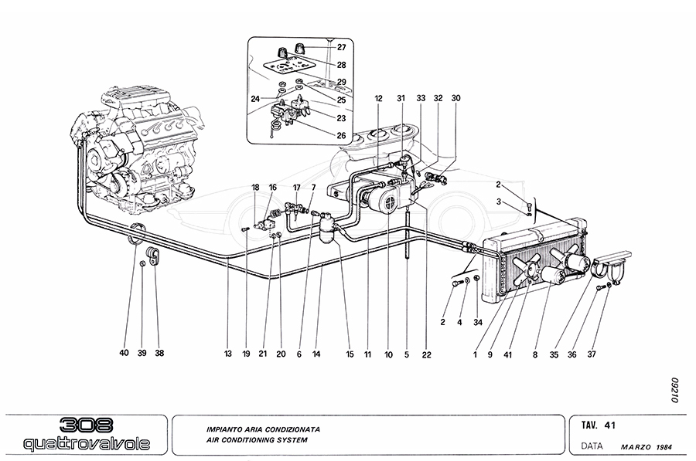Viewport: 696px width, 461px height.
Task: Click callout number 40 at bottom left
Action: pyautogui.click(x=124, y=354)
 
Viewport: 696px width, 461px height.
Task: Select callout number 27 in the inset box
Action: pyautogui.click(x=341, y=48)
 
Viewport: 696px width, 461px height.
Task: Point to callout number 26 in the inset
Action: pyautogui.click(x=341, y=136)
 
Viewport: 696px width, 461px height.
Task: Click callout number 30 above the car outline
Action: pyautogui.click(x=455, y=98)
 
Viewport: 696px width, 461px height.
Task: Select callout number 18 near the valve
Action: pyautogui.click(x=255, y=188)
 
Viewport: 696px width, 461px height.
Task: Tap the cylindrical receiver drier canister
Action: pyautogui.click(x=328, y=229)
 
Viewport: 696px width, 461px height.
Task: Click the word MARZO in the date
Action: pyautogui.click(x=636, y=446)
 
